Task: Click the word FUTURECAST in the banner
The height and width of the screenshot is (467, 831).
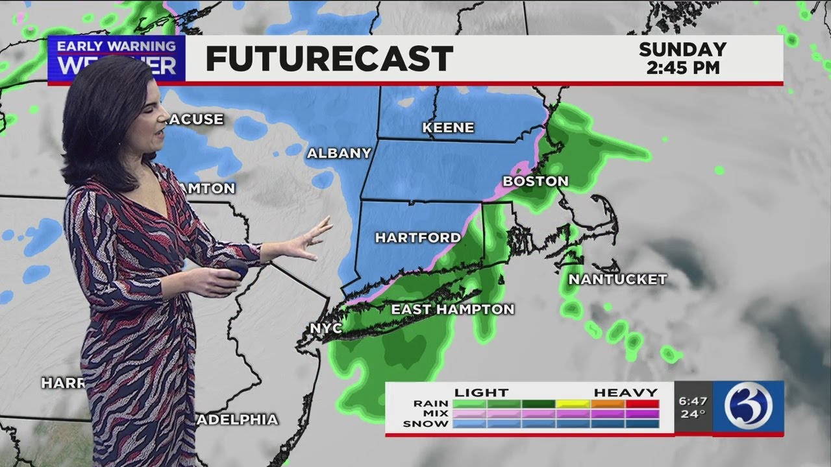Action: point(329,59)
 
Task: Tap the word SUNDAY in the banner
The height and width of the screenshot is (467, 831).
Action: point(682,49)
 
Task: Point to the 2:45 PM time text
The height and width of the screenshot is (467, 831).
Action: point(683,68)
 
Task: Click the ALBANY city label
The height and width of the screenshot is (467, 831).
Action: point(339,154)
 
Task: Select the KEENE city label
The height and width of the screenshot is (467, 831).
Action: point(448,128)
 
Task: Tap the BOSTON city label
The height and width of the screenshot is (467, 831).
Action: point(536,182)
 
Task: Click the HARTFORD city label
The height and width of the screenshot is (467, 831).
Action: point(418,238)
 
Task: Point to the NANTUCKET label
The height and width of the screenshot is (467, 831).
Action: point(617,280)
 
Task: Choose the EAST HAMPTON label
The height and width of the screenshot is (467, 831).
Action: point(453,309)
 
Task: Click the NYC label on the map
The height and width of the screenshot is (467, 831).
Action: point(326,329)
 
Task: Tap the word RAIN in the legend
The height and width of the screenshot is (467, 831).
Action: point(431,403)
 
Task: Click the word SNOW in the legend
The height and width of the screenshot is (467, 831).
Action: point(426,424)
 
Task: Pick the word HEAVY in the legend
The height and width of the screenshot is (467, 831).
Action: point(626,392)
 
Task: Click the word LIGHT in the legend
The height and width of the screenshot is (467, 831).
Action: point(481,392)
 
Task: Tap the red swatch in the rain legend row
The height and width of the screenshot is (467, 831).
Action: point(643,403)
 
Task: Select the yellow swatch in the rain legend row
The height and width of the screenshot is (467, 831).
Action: point(573,403)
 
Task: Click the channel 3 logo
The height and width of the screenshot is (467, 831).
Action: point(748,407)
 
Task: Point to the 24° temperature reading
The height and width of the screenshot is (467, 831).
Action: point(693,414)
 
